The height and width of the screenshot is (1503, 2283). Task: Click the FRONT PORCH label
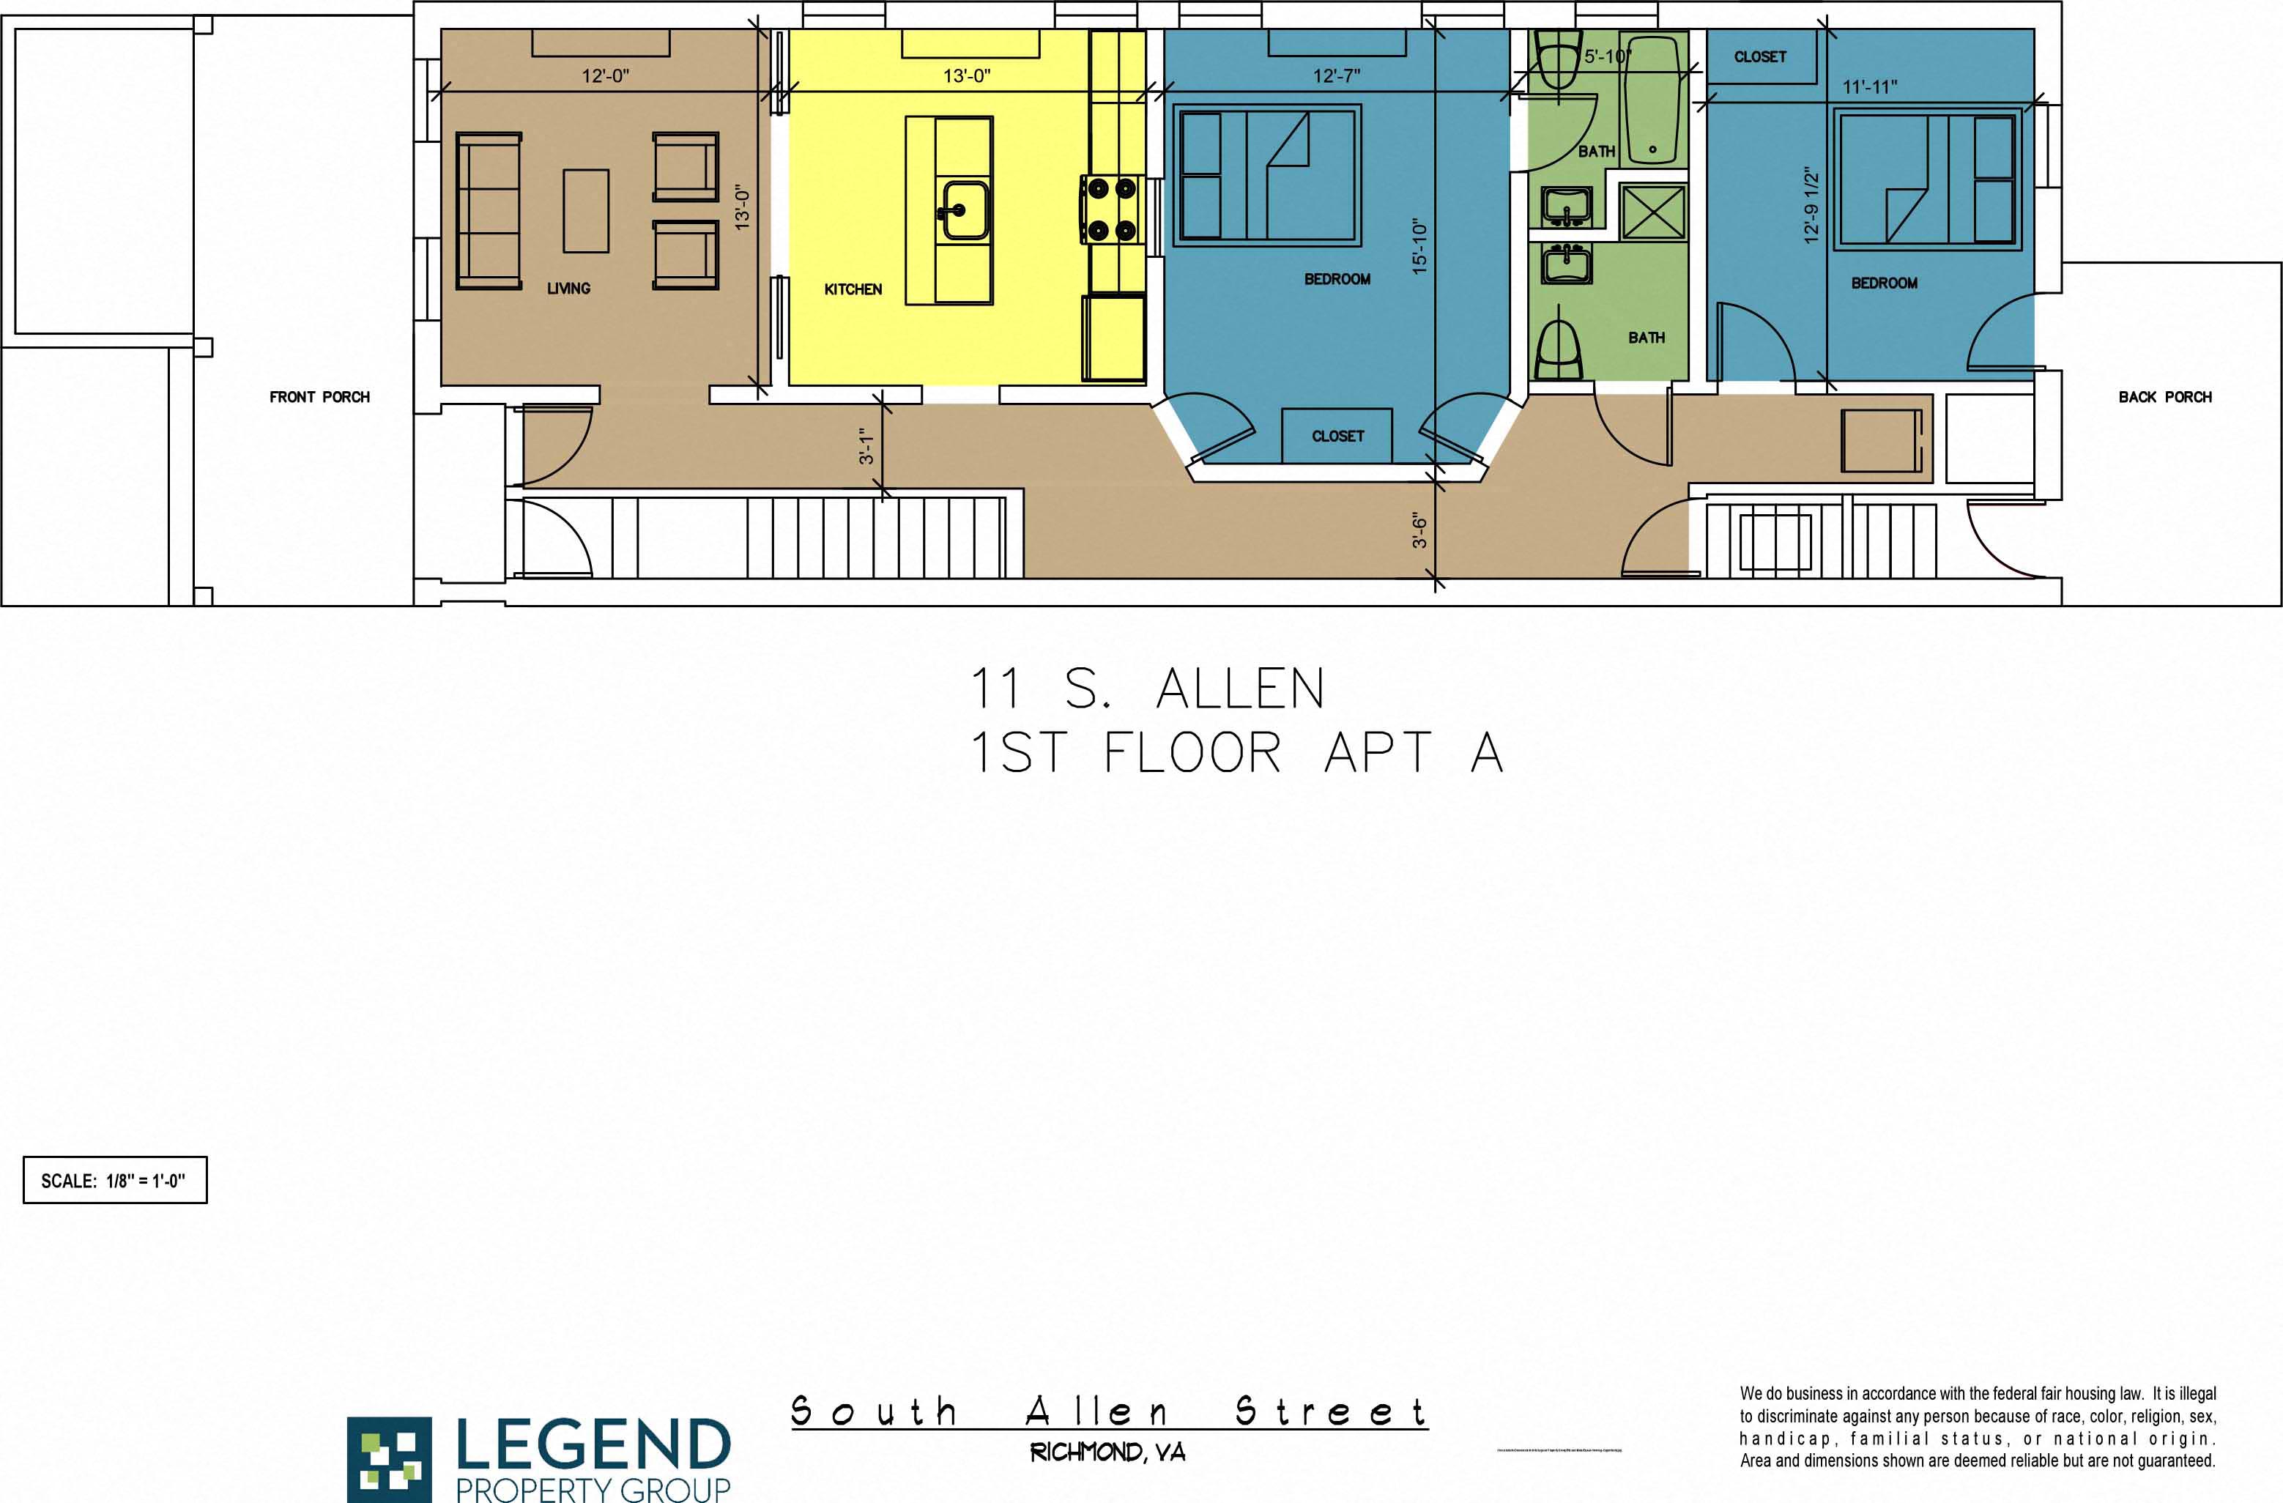coord(319,397)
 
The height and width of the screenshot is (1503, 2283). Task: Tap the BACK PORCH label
coord(2165,397)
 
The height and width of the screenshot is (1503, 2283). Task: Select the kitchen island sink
coord(962,210)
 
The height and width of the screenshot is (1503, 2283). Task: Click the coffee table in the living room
coord(585,210)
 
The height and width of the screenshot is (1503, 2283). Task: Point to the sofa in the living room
coord(489,211)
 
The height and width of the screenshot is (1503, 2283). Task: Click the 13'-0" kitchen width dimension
coord(966,75)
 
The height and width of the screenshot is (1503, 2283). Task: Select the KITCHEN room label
coord(853,289)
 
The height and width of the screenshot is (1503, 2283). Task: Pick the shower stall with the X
coord(1653,212)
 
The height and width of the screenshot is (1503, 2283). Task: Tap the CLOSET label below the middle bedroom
coord(1337,437)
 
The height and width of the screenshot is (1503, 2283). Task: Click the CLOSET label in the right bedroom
coord(1759,56)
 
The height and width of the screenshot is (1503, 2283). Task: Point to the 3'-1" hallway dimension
coord(866,447)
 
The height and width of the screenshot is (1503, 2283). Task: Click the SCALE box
coord(115,1180)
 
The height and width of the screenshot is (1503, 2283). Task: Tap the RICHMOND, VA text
coord(1108,1452)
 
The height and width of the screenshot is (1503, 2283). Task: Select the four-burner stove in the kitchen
coord(1111,208)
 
